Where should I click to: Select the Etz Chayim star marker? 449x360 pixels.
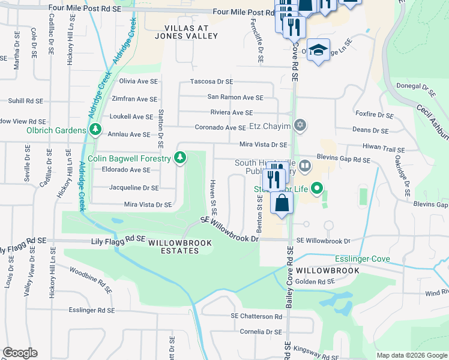click(x=300, y=126)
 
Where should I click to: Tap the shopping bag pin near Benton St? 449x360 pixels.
click(x=282, y=203)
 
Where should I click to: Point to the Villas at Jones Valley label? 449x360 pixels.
click(x=191, y=32)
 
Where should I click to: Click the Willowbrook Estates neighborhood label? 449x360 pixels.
click(x=173, y=247)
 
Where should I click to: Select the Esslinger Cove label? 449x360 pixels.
click(x=362, y=259)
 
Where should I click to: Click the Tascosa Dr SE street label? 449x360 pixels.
click(x=211, y=82)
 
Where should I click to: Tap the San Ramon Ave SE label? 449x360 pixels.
click(x=235, y=97)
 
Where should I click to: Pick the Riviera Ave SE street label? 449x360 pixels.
click(x=232, y=112)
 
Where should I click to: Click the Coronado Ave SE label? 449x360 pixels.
click(x=220, y=127)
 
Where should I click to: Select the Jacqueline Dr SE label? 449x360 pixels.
click(x=133, y=188)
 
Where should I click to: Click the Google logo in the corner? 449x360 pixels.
click(x=20, y=353)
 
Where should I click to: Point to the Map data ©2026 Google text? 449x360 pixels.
click(x=411, y=355)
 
